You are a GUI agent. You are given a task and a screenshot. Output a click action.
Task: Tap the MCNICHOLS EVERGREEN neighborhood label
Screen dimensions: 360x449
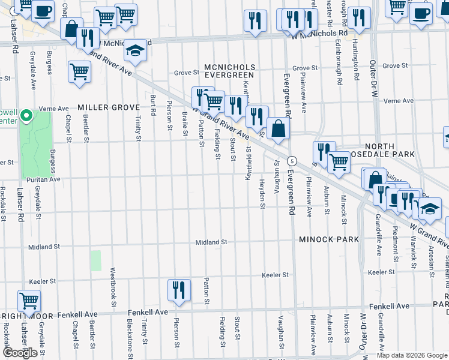coord(229,71)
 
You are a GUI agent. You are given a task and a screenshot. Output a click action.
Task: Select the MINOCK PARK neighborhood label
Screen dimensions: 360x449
coord(329,239)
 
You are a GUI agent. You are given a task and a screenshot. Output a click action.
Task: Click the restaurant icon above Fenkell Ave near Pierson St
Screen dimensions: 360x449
coord(179,290)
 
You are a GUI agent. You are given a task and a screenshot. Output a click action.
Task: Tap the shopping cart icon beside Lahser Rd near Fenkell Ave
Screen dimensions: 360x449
coord(28,301)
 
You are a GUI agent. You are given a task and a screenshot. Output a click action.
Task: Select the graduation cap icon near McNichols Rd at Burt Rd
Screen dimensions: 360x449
coord(136,52)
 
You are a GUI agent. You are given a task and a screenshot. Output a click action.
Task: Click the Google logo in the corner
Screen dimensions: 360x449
coord(20,353)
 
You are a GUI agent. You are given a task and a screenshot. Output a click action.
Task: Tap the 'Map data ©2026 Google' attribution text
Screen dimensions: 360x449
coord(412,355)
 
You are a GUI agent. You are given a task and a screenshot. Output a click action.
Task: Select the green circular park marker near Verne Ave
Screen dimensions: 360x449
coord(26,115)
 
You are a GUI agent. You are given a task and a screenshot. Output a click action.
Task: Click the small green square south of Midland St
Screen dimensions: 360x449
coord(96,260)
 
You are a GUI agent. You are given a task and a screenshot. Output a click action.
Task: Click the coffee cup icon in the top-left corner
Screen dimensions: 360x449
coord(43,11)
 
